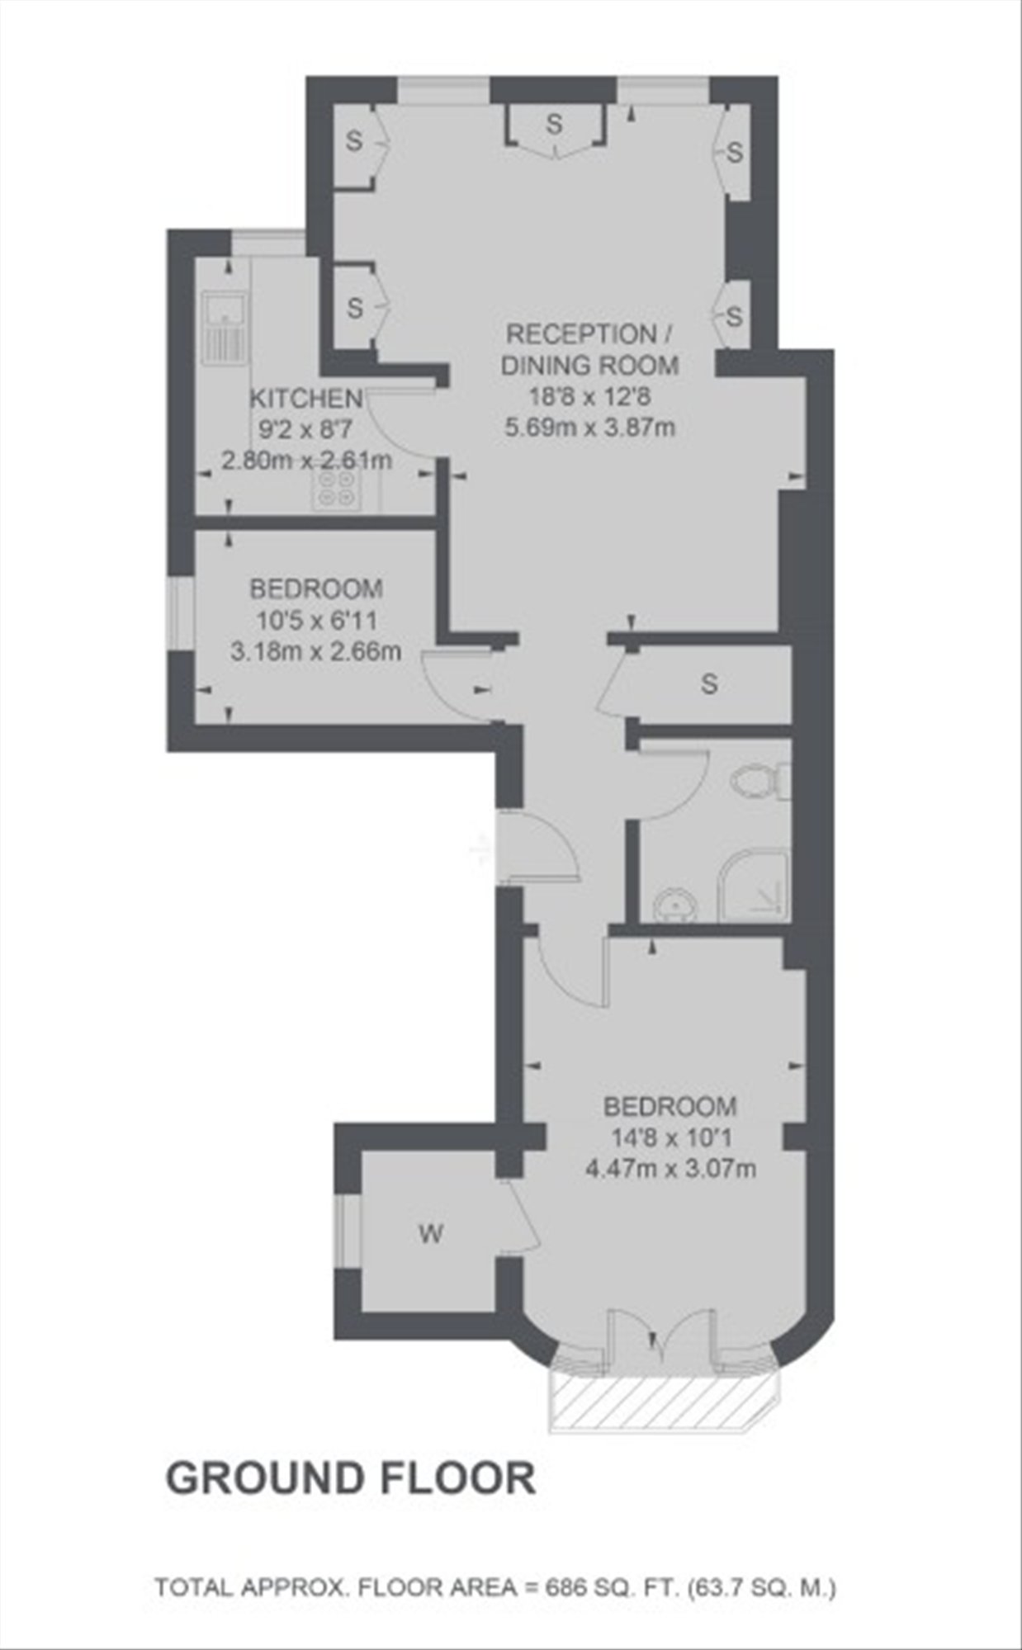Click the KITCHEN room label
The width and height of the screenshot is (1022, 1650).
(306, 399)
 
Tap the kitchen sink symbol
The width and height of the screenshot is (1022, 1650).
(224, 329)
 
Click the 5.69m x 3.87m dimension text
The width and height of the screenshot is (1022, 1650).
(589, 428)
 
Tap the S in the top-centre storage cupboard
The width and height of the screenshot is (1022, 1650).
(554, 125)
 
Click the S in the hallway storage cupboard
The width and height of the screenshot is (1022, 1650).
(708, 683)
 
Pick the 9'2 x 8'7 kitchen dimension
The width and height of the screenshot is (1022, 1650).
(306, 429)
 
